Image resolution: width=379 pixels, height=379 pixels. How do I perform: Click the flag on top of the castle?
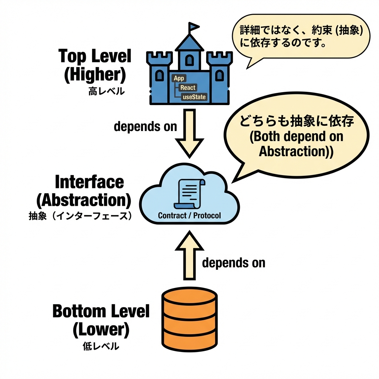point(194,27)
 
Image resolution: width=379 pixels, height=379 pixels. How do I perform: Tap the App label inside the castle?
point(179,78)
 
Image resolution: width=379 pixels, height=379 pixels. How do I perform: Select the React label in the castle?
point(188,88)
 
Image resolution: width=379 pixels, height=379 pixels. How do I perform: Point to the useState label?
point(194,97)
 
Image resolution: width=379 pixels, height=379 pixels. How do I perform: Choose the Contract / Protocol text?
point(189,215)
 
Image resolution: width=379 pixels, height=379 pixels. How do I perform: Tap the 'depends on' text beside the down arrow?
point(145,126)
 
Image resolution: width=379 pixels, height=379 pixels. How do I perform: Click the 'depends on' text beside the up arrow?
point(234,263)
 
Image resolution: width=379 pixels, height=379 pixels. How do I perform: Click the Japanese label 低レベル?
point(101,346)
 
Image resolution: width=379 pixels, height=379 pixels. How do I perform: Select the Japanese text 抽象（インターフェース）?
point(80,216)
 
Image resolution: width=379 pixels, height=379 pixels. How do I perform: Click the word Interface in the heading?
point(89,182)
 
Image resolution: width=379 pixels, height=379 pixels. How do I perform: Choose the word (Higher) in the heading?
point(95,75)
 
